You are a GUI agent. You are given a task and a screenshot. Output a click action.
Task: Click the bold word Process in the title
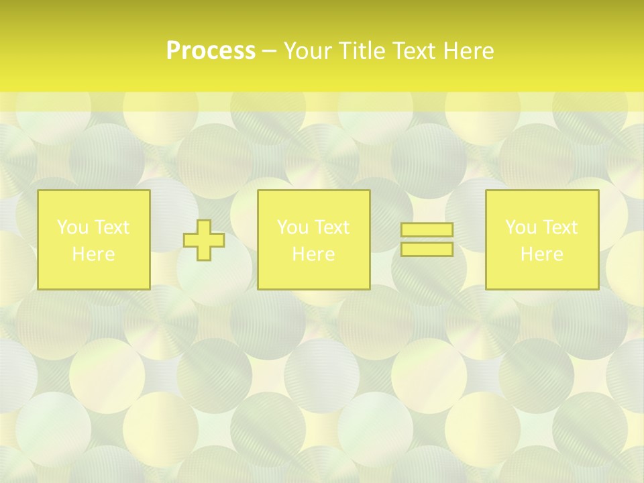coord(211,51)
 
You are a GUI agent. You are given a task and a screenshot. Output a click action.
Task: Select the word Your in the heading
coord(307,51)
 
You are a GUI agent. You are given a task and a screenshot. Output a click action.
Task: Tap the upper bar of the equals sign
coord(427,230)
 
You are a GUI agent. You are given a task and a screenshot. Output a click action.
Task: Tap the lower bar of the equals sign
coord(427,250)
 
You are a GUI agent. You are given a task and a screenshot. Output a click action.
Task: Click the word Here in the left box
coord(93,254)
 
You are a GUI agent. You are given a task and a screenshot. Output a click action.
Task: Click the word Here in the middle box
coord(313,254)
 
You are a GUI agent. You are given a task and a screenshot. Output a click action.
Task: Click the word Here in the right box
coord(541,254)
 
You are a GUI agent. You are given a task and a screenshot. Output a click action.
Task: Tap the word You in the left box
coord(72,227)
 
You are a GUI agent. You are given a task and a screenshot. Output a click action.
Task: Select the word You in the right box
coord(521,227)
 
